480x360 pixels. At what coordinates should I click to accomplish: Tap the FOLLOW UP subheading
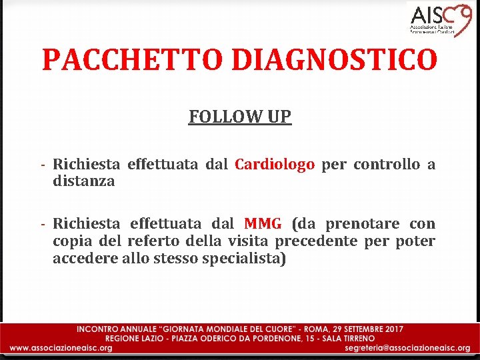240,117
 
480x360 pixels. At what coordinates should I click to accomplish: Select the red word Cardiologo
275,165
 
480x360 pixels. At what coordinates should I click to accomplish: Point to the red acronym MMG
263,223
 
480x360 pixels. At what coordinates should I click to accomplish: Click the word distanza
84,181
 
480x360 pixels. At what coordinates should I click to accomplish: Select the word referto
160,241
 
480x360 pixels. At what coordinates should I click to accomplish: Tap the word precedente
316,241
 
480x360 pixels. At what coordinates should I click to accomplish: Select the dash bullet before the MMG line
42,223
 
